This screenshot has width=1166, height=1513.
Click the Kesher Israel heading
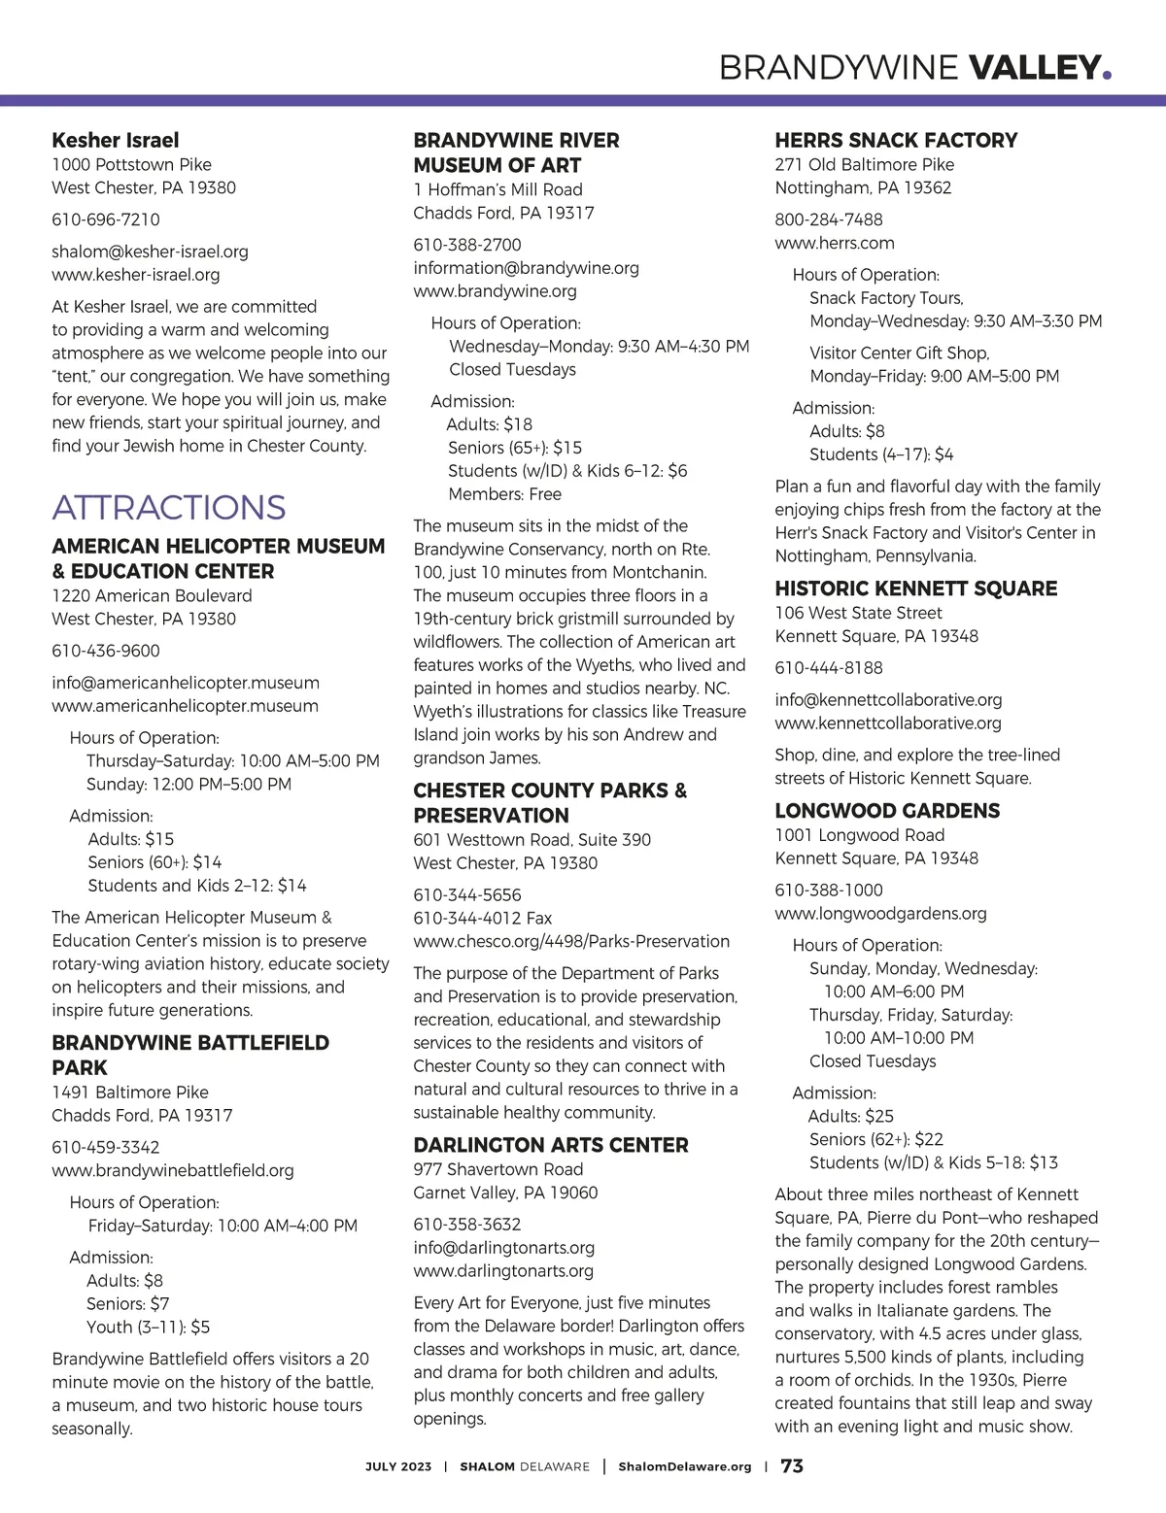click(x=116, y=141)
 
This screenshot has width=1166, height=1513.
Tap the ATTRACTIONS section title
click(x=168, y=507)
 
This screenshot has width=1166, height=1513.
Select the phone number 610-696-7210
click(x=106, y=219)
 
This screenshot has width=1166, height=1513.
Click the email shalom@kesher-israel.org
click(x=150, y=252)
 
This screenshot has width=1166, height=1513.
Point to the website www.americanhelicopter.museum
click(x=185, y=706)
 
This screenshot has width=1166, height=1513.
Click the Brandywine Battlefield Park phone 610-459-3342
click(x=106, y=1147)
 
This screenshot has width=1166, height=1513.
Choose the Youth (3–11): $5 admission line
click(x=148, y=1327)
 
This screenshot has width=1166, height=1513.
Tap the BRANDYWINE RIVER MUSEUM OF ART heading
click(x=515, y=152)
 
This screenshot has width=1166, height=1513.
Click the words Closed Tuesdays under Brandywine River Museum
click(x=512, y=369)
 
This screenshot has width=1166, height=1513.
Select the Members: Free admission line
click(x=504, y=493)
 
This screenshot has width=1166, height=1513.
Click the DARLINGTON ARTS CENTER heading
click(x=550, y=1145)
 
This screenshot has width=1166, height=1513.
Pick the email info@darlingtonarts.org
click(x=503, y=1247)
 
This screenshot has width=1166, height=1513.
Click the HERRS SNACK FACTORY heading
click(x=896, y=141)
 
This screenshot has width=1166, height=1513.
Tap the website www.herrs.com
click(x=835, y=243)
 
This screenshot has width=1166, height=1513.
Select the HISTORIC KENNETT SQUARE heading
click(x=915, y=588)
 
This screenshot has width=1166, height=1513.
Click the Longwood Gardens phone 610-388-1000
click(x=829, y=890)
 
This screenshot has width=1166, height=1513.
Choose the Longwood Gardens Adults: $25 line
click(x=850, y=1116)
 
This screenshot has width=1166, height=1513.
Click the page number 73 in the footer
click(x=792, y=1466)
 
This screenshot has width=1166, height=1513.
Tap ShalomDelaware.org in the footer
click(x=684, y=1466)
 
